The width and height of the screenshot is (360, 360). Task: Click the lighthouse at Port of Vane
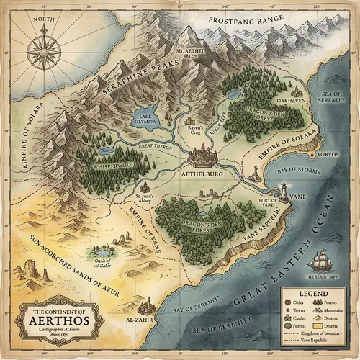coord(285,190)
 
